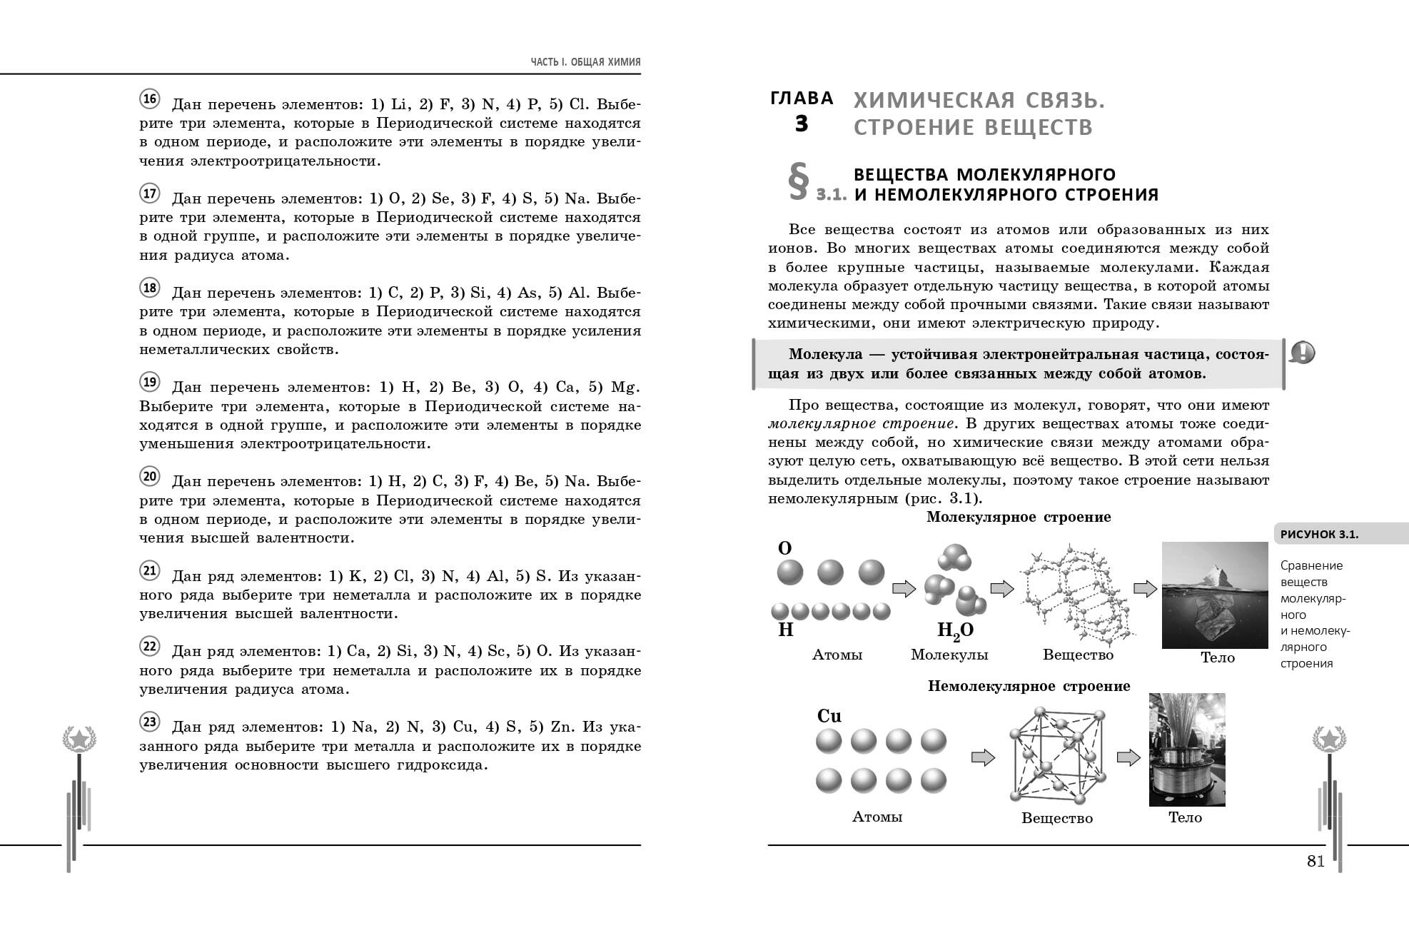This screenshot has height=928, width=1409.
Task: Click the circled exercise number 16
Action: point(149,99)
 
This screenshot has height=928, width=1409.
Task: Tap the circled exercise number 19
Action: point(149,382)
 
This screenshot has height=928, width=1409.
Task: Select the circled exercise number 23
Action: point(149,722)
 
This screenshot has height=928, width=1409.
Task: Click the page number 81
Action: point(1315,862)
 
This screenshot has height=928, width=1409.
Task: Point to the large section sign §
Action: point(798,183)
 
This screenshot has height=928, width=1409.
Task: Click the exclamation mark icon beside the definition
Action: point(1303,353)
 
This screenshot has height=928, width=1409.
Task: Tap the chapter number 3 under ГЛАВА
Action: point(802,124)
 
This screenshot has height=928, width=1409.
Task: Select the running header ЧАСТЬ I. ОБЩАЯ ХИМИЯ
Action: point(585,62)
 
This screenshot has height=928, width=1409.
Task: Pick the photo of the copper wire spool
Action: point(1186,750)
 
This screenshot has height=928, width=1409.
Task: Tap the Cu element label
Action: point(829,716)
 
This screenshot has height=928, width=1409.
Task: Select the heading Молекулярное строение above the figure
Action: point(1019,517)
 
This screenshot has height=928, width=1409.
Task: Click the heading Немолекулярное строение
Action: point(1029,686)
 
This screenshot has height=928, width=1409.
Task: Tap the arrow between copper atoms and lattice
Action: point(983,757)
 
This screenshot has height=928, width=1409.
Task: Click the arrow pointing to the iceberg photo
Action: point(1145,589)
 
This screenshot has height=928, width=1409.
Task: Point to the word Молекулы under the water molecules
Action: point(949,655)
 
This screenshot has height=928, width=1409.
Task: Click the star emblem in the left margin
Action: point(79,739)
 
